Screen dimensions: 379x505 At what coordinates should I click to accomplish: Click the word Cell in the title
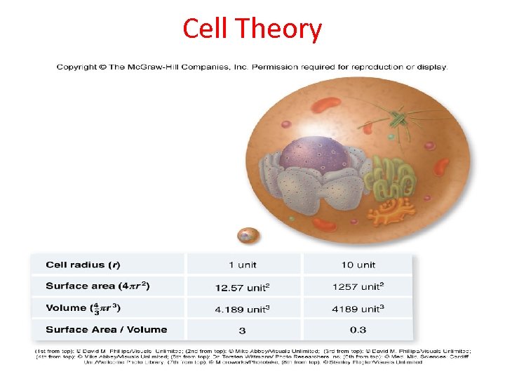[206, 29]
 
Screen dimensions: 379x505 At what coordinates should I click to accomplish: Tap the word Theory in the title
[278, 29]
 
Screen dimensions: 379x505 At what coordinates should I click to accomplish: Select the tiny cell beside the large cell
[248, 235]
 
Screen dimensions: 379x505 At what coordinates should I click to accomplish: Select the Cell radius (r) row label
[83, 265]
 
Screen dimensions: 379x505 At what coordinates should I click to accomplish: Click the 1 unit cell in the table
[242, 265]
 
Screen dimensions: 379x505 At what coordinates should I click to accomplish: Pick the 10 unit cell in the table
[358, 265]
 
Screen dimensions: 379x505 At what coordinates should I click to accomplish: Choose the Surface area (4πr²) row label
[97, 286]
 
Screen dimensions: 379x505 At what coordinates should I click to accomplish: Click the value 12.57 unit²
[242, 286]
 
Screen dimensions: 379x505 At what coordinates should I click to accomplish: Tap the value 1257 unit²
[358, 286]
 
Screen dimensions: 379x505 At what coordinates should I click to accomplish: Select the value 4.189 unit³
[242, 308]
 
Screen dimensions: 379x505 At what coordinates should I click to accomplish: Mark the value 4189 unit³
[358, 308]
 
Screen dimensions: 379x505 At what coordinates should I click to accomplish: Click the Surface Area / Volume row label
[106, 329]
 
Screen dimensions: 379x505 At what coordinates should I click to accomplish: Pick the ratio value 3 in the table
[242, 330]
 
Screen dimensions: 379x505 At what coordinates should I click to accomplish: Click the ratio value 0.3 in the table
[358, 330]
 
